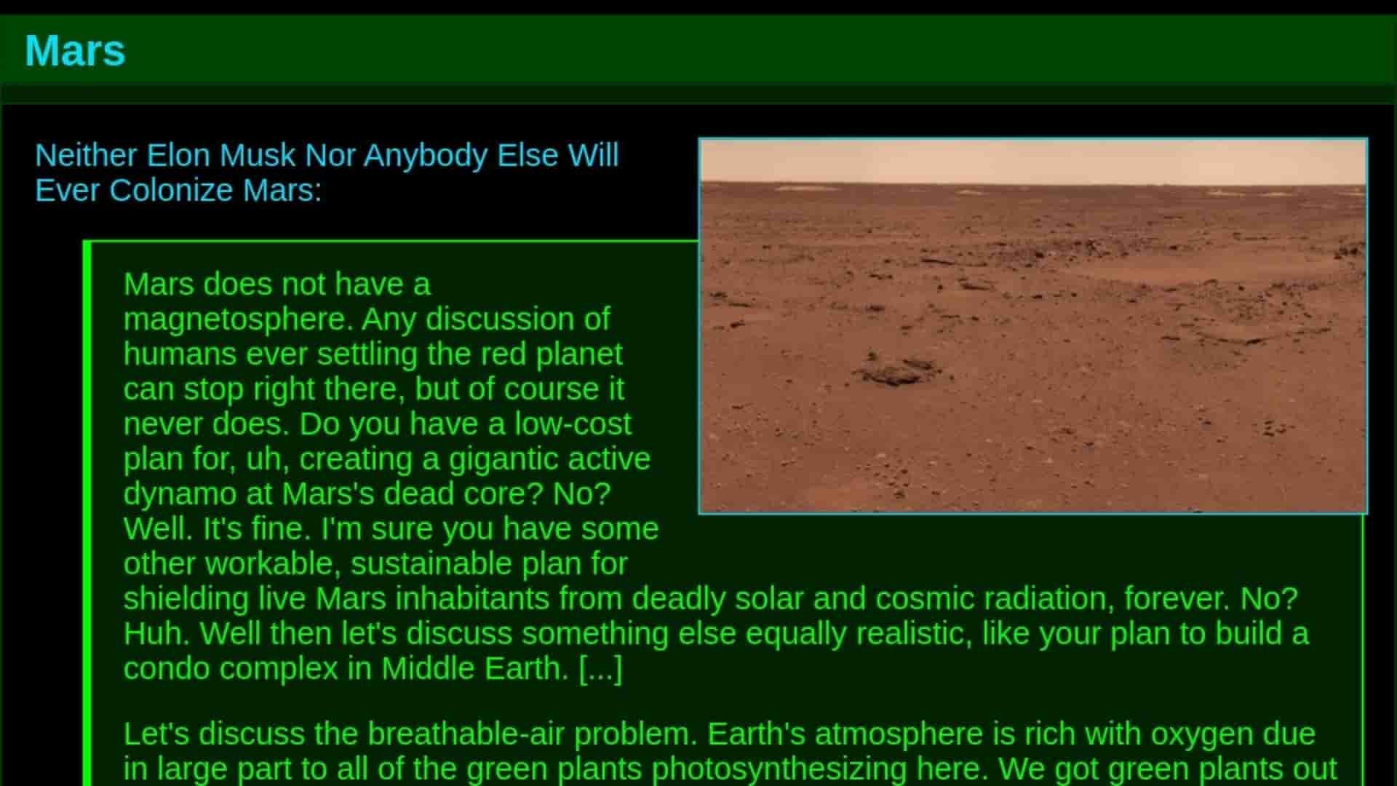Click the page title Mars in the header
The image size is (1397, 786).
(75, 51)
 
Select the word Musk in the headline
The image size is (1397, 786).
(258, 155)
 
